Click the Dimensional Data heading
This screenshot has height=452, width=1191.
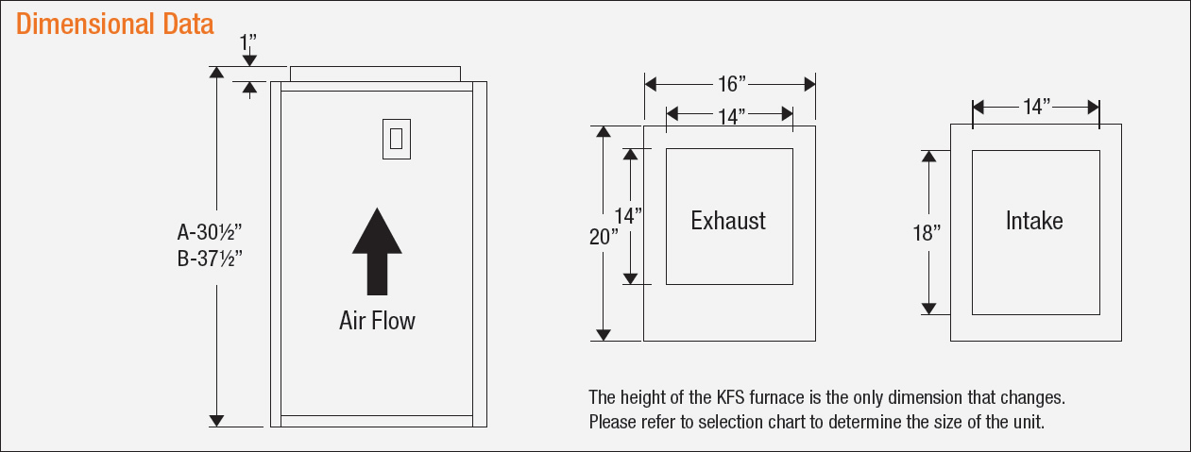[x=115, y=24]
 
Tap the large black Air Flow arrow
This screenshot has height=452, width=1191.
[x=377, y=250]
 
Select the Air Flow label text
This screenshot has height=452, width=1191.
[x=377, y=321]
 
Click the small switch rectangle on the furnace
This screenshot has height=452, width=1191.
[x=396, y=138]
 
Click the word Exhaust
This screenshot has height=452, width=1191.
[x=728, y=221]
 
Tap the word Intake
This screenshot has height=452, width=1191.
[x=1034, y=221]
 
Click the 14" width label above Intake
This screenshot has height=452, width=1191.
[x=1036, y=107]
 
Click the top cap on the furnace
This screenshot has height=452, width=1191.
[x=375, y=74]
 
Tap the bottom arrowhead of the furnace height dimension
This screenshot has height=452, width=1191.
[x=216, y=421]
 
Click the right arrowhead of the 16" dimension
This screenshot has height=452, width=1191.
[x=809, y=85]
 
